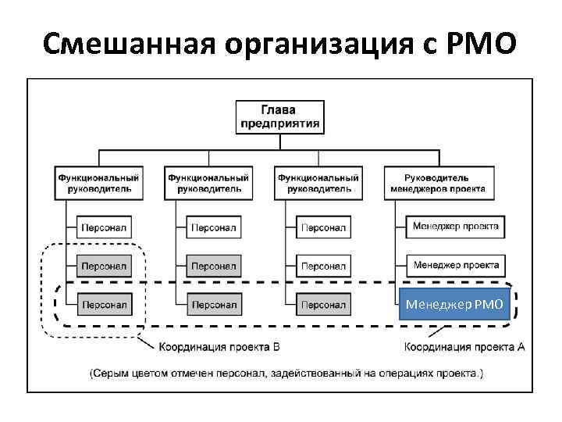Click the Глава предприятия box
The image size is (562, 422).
pyautogui.click(x=278, y=116)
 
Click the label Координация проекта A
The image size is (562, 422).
pyautogui.click(x=465, y=346)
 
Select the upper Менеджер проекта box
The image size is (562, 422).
pyautogui.click(x=456, y=227)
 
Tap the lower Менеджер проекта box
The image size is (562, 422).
pyautogui.click(x=456, y=265)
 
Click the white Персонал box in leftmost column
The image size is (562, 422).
pyautogui.click(x=104, y=227)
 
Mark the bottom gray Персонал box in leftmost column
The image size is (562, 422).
pyautogui.click(x=104, y=304)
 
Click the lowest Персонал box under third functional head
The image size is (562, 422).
pyautogui.click(x=323, y=304)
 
